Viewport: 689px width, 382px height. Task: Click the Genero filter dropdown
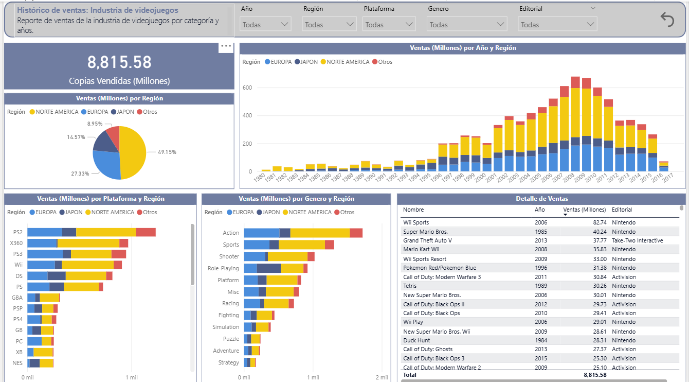tap(466, 24)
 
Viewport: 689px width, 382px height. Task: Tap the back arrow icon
tap(667, 20)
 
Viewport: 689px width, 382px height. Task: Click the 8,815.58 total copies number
tap(119, 62)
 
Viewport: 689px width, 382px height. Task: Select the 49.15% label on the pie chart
tap(167, 152)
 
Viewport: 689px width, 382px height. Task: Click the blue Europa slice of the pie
tap(106, 165)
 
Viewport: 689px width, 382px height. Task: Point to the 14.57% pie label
tap(76, 137)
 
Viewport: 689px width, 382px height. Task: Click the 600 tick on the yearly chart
tap(247, 88)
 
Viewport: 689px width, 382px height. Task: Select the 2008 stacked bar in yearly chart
tap(575, 124)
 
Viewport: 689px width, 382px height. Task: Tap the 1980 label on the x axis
tap(259, 177)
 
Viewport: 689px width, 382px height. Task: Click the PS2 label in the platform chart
tap(18, 232)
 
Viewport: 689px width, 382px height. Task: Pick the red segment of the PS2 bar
tap(146, 232)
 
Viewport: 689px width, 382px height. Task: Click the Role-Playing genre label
tap(223, 268)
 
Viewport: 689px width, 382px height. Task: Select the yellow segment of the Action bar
tap(320, 233)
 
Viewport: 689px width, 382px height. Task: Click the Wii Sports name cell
tap(416, 222)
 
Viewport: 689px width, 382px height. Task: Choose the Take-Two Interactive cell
tap(638, 240)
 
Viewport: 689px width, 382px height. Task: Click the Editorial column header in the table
tap(622, 210)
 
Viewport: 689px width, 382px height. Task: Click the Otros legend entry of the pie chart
tap(147, 112)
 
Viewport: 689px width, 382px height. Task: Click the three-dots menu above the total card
tap(226, 46)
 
